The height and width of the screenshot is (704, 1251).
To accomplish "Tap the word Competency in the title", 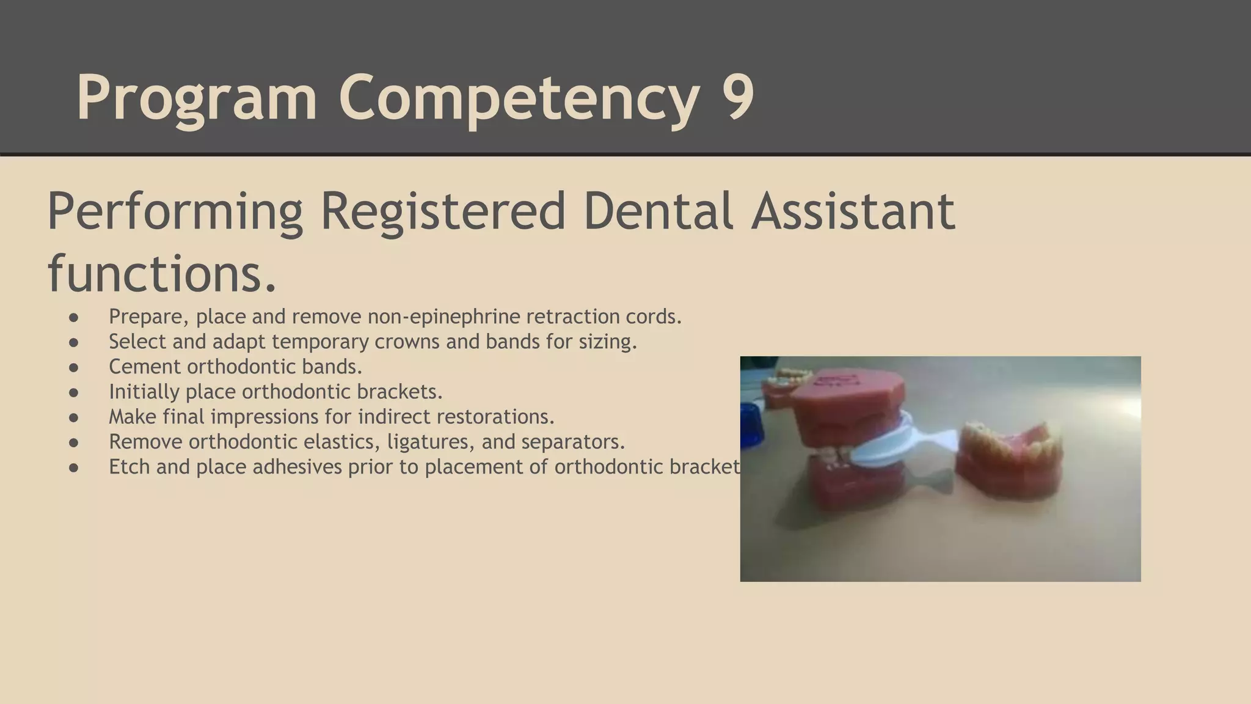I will point(519,98).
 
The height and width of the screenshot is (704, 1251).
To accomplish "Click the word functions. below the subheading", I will point(162,273).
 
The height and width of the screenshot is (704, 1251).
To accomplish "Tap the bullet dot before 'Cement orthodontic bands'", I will point(74,367).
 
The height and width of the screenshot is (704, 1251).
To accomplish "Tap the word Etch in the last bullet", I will point(129,467).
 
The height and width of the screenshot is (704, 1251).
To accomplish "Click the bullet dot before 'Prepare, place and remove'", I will point(74,317).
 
